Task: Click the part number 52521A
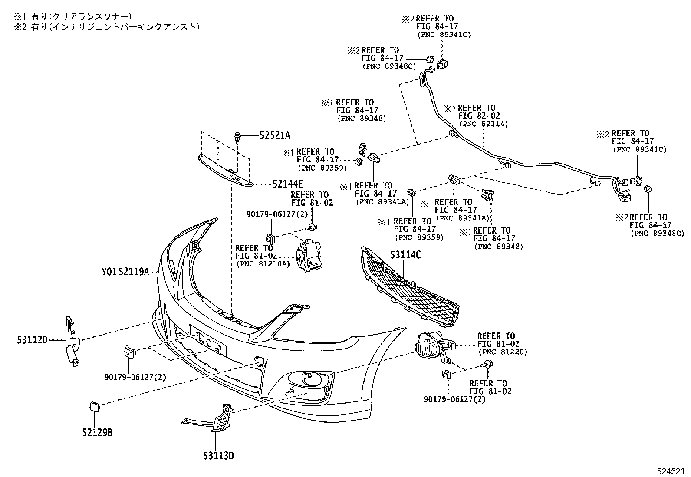click(274, 135)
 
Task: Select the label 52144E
click(288, 184)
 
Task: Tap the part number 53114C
click(405, 255)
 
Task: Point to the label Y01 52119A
click(125, 272)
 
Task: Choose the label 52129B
click(97, 433)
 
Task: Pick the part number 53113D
click(218, 456)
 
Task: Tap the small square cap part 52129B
click(94, 407)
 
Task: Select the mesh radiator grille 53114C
click(408, 289)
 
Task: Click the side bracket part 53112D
click(72, 341)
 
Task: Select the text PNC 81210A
click(263, 264)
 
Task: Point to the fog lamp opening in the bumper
click(309, 378)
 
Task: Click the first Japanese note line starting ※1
click(72, 16)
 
